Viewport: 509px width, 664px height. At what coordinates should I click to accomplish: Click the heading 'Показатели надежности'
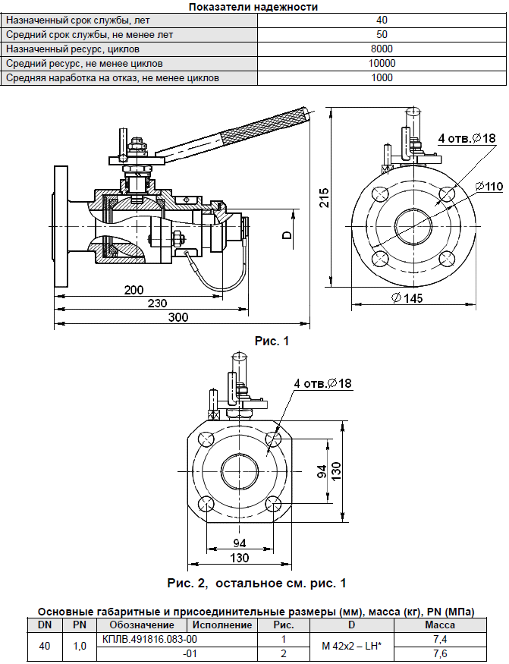tap(253, 7)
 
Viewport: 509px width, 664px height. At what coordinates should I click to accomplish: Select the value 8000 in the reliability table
tap(382, 49)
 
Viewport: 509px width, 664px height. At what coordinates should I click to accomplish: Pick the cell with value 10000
tap(382, 63)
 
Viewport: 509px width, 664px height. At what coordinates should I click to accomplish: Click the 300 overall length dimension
tap(178, 318)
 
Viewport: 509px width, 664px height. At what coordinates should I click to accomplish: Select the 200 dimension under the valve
tap(134, 290)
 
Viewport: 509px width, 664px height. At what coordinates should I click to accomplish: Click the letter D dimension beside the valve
tap(287, 234)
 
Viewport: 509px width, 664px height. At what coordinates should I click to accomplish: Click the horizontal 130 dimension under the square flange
tap(240, 558)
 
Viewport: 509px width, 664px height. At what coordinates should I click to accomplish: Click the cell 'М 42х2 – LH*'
tap(351, 646)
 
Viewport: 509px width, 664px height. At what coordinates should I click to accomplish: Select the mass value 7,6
tap(439, 653)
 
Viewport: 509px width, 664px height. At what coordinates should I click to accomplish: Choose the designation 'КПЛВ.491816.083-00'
tap(143, 639)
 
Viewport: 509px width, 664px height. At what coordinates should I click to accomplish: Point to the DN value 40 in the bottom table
tap(45, 646)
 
